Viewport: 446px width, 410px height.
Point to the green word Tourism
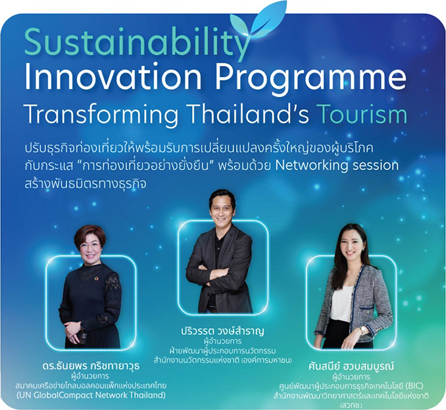pos(362,113)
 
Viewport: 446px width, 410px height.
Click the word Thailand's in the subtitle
pos(248,113)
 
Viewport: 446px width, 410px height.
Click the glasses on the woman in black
pos(90,245)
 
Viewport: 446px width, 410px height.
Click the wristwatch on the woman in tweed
pos(362,330)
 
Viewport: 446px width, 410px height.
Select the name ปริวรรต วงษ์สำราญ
pos(222,332)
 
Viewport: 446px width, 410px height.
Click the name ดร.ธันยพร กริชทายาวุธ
pos(91,366)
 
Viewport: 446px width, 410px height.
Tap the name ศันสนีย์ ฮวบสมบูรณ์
pos(351,366)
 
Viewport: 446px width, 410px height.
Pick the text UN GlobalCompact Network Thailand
pos(91,395)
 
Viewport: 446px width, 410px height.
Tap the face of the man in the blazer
pos(222,212)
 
